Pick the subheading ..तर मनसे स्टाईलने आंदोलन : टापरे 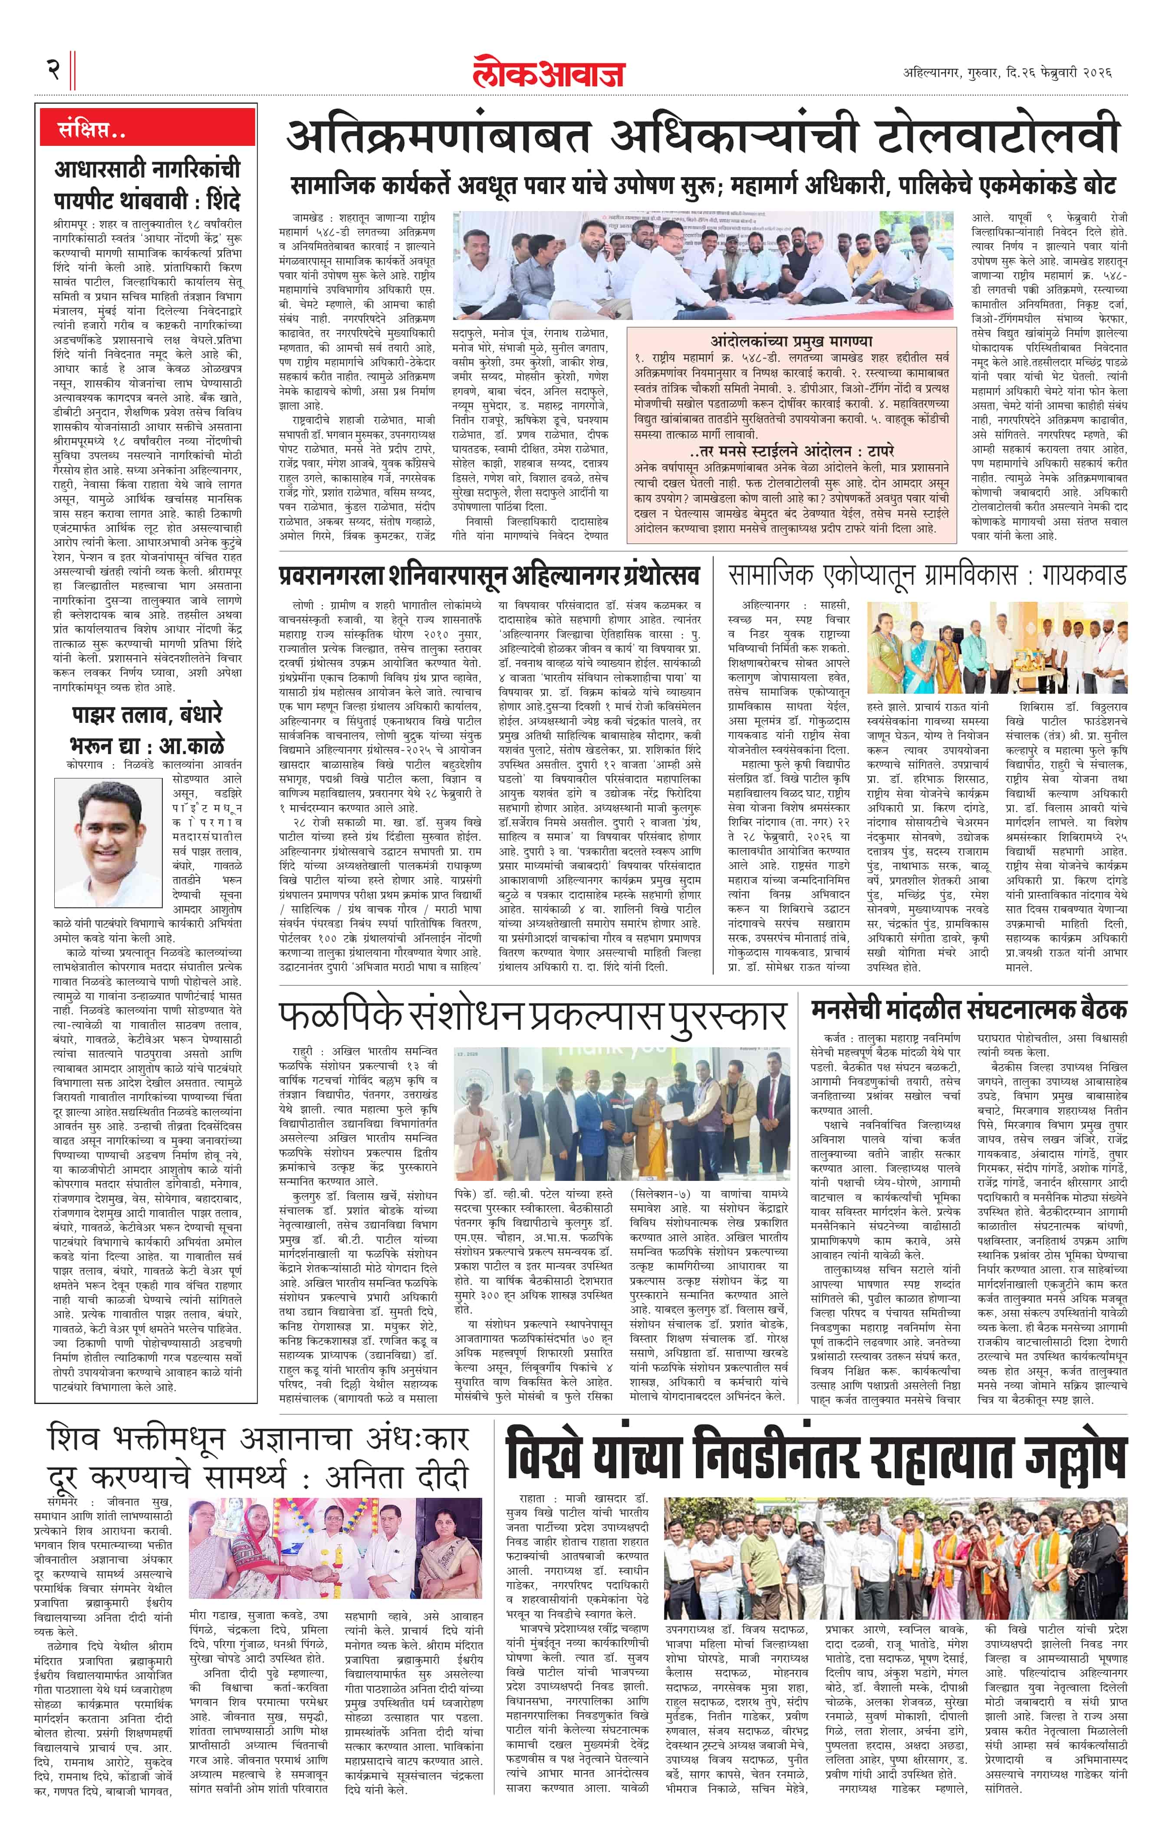point(791,451)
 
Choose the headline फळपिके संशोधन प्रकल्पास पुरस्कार point(533,1016)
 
